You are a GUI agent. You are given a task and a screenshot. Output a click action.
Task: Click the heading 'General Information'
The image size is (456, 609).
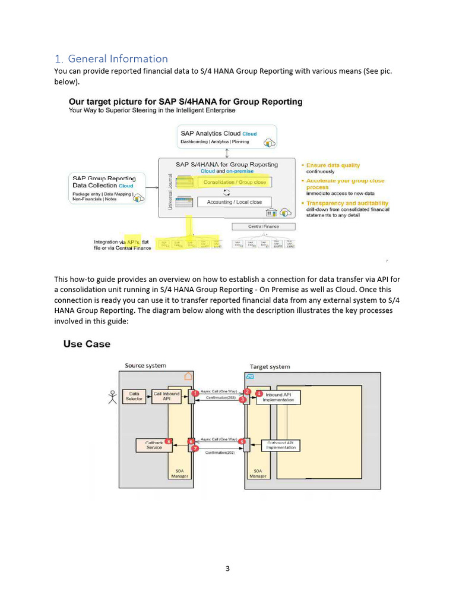click(118, 58)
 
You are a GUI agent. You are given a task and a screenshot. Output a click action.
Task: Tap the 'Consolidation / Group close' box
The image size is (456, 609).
click(235, 182)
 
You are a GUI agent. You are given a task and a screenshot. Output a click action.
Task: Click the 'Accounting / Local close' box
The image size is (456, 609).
click(234, 202)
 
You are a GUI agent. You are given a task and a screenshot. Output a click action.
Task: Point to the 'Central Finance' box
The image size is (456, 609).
click(263, 227)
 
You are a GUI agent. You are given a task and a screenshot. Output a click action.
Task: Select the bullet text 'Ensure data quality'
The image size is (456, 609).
click(333, 165)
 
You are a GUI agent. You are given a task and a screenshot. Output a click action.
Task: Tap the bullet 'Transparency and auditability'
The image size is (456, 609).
click(347, 203)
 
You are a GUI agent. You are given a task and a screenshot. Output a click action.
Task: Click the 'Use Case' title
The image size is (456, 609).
click(87, 344)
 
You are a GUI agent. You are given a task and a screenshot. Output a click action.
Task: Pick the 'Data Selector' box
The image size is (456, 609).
click(135, 396)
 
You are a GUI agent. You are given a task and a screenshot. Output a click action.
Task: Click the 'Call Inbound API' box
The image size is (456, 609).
click(167, 396)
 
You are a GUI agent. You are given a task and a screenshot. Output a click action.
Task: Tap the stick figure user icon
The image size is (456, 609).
click(112, 397)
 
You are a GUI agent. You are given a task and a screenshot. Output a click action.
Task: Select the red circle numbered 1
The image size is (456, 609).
click(195, 393)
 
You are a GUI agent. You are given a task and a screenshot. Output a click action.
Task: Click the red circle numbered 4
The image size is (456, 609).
click(259, 394)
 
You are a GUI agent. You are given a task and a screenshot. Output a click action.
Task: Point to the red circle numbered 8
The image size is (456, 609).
click(169, 442)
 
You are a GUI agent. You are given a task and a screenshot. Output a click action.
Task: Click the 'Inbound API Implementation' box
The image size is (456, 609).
click(278, 397)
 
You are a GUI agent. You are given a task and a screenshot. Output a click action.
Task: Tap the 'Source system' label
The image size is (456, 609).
click(145, 365)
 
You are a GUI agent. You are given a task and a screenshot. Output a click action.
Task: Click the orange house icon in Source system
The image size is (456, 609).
click(188, 376)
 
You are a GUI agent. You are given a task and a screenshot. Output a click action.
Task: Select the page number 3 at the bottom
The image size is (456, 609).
click(227, 569)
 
